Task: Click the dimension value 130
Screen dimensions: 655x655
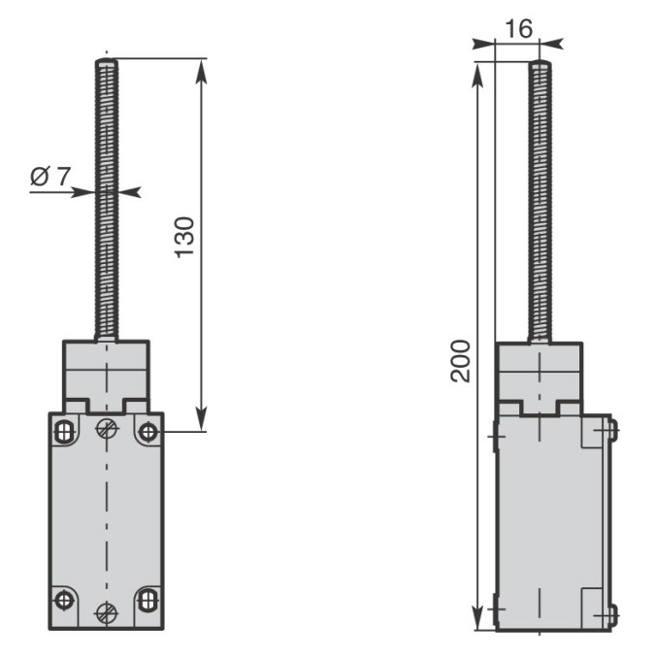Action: [x=183, y=238]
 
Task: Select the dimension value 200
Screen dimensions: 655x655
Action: [x=460, y=361]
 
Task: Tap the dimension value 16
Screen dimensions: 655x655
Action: [x=519, y=28]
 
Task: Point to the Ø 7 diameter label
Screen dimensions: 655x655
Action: [x=50, y=176]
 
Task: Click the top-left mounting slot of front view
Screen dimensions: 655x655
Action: [x=64, y=432]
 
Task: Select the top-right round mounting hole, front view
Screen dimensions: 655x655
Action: [x=148, y=432]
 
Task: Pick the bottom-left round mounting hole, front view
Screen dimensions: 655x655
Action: [x=64, y=601]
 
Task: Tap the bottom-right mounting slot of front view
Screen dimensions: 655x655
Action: [x=148, y=601]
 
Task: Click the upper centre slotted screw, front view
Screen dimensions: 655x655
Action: [x=107, y=428]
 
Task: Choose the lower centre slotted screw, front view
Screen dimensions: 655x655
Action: [x=107, y=613]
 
